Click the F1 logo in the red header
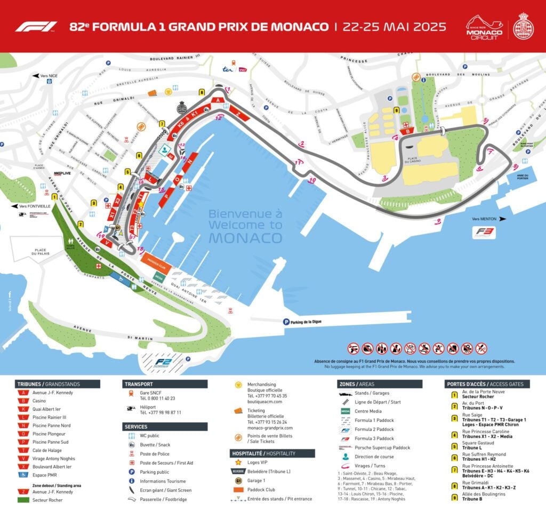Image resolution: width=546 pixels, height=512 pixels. pos(36,27)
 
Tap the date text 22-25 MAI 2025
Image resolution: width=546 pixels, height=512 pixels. pos(394,27)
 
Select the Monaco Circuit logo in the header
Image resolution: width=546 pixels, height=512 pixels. pos(485,27)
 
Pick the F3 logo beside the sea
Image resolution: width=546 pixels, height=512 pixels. pos(485,233)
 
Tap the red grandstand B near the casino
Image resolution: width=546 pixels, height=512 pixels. pos(408,131)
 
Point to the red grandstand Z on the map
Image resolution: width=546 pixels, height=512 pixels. pos(238,114)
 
